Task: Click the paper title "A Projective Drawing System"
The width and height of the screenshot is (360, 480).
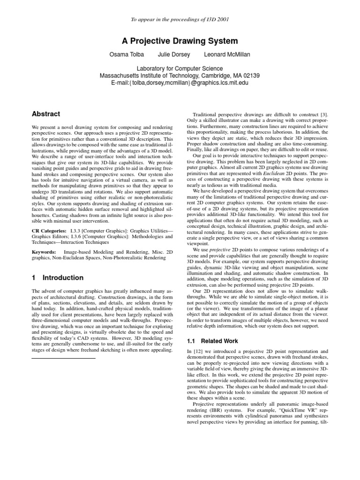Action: pos(180,41)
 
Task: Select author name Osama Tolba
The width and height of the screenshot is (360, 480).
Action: pos(126,55)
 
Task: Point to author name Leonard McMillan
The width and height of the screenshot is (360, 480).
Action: pos(227,55)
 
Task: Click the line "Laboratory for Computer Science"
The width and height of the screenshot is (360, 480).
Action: pos(180,68)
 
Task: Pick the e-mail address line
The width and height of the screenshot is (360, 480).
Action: pos(180,83)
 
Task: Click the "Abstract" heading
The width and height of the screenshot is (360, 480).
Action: pos(46,114)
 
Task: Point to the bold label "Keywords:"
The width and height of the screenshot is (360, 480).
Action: pos(44,252)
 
